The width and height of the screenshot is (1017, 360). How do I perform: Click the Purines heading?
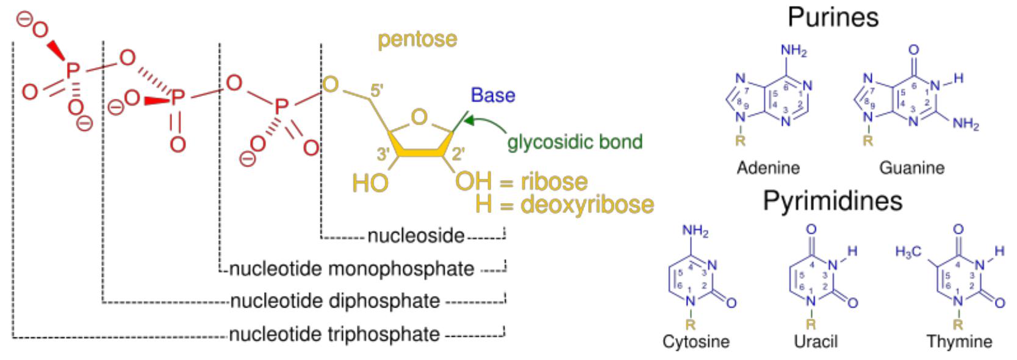tap(833, 17)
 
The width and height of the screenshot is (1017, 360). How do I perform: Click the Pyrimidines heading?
tap(832, 201)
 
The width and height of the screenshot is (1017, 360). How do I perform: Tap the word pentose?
tap(417, 39)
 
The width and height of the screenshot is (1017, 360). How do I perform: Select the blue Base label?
tap(493, 95)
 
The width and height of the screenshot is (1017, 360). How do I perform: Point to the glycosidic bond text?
tap(575, 142)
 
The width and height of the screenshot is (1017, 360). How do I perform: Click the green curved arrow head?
tap(468, 121)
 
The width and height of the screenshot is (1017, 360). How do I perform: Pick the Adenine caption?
tap(768, 167)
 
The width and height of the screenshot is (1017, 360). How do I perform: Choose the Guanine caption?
tap(911, 167)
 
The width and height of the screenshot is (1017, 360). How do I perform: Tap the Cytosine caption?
tap(696, 341)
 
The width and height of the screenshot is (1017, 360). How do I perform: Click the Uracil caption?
tap(816, 341)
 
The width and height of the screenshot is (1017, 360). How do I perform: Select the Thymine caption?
tap(959, 341)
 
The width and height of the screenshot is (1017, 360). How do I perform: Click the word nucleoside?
tap(415, 236)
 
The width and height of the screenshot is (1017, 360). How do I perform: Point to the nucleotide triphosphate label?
tap(334, 334)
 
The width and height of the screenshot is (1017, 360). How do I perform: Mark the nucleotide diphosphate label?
tap(334, 301)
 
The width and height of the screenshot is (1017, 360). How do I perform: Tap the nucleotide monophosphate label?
tap(351, 268)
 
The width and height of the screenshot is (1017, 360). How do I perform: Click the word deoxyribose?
tap(587, 205)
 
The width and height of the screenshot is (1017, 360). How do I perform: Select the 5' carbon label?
tap(376, 90)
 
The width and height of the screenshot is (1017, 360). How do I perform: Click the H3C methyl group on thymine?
tap(908, 251)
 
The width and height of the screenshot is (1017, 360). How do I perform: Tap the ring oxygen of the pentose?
tap(419, 117)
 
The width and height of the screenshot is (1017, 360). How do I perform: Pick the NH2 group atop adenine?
tap(794, 51)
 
